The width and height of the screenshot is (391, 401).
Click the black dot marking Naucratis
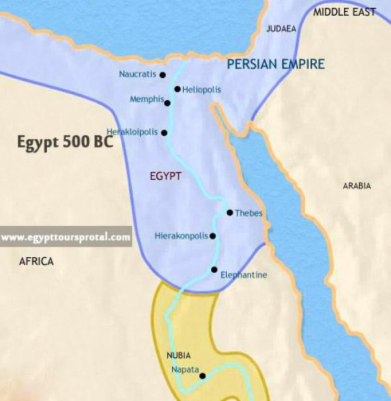click(x=163, y=75)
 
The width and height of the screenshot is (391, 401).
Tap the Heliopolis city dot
click(x=177, y=89)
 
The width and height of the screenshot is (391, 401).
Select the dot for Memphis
click(x=167, y=103)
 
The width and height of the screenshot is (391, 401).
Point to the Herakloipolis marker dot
click(x=164, y=133)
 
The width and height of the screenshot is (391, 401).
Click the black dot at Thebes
click(x=229, y=212)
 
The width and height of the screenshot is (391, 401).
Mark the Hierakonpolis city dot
click(x=212, y=236)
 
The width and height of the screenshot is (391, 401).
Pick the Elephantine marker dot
click(x=214, y=270)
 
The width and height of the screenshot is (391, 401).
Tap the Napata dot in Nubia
click(x=202, y=376)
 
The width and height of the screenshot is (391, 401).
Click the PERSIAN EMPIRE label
click(x=276, y=64)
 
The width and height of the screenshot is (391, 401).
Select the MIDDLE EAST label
click(x=345, y=12)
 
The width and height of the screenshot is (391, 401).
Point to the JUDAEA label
click(x=282, y=29)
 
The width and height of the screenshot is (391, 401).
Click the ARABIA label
click(x=356, y=186)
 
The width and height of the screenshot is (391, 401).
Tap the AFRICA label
click(x=36, y=261)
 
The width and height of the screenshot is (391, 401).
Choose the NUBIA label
click(x=178, y=355)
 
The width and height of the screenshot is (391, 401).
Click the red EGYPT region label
click(x=166, y=176)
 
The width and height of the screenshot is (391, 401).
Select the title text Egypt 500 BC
click(x=65, y=143)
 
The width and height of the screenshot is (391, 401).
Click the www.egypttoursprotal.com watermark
click(x=65, y=238)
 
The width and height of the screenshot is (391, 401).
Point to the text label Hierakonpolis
click(x=181, y=236)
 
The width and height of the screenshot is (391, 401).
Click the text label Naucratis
click(x=138, y=74)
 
